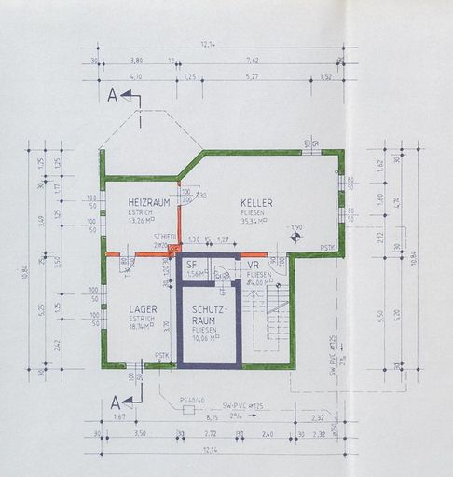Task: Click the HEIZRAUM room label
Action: point(148,202)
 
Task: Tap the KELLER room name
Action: point(256,202)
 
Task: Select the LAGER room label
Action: point(143,308)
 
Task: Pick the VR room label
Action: point(253,266)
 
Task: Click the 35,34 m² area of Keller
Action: point(255,221)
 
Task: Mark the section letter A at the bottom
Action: point(114,402)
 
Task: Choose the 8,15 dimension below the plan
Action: point(213,418)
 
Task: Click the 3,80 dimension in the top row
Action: point(136,61)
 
